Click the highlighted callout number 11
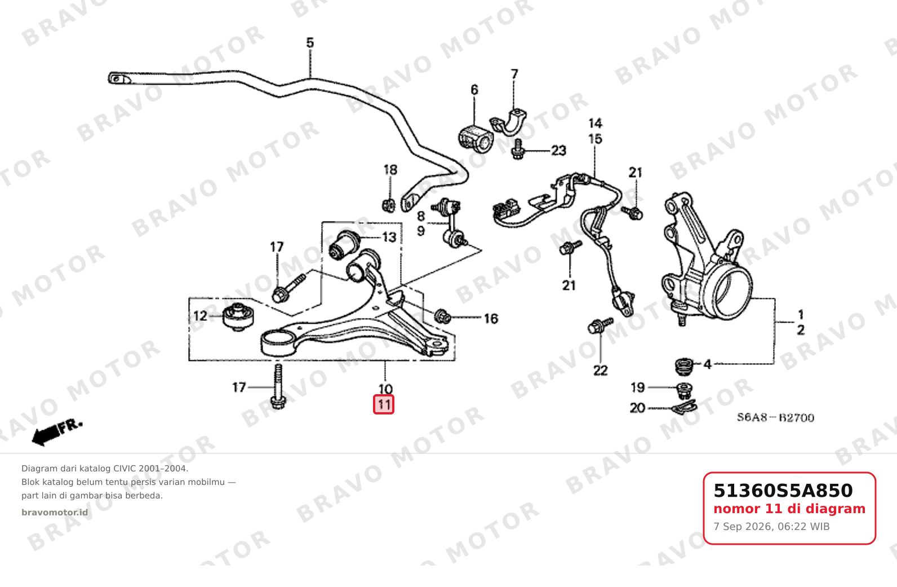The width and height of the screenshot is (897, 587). [384, 404]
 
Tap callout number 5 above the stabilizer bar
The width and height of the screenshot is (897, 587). [310, 42]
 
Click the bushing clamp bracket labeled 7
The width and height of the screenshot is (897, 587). [508, 122]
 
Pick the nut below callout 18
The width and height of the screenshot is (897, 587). [389, 206]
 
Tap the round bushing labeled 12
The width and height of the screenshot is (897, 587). [238, 317]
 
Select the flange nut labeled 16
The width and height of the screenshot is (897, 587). [442, 316]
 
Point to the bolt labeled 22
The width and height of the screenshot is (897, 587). [600, 325]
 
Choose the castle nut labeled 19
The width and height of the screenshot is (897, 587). [685, 391]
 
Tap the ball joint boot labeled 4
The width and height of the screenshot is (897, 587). [685, 367]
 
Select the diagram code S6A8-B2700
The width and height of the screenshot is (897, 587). [776, 417]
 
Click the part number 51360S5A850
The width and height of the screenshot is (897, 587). [783, 491]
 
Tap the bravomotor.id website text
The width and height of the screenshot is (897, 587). [55, 513]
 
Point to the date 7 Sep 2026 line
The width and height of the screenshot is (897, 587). [771, 527]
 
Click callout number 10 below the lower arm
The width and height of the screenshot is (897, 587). [385, 389]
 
